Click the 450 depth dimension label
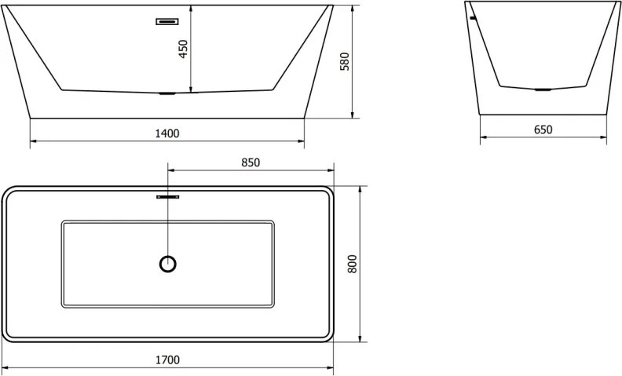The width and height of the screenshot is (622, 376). tap(183, 49)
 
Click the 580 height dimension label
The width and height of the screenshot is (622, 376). tap(345, 61)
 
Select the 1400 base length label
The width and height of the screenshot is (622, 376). tap(167, 133)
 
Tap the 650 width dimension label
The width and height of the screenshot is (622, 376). tap(543, 130)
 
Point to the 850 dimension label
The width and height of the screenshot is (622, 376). tap(251, 162)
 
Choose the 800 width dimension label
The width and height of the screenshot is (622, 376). tap(353, 264)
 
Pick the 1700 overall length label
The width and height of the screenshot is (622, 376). tap(167, 360)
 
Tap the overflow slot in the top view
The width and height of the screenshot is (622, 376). tap(168, 197)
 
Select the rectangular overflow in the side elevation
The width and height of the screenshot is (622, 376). tap(167, 21)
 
